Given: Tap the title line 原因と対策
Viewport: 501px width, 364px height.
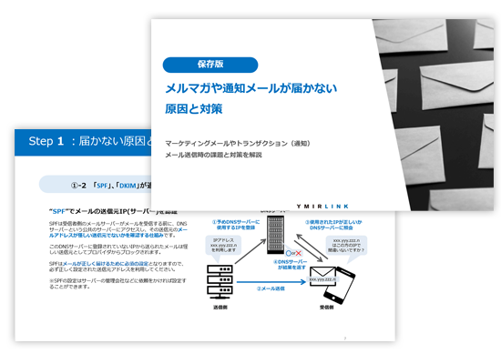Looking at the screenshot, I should pyautogui.click(x=194, y=108).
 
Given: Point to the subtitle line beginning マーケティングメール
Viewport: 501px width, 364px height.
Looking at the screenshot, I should pyautogui.click(x=238, y=144).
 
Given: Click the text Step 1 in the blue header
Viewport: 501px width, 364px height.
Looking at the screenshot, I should pyautogui.click(x=46, y=141).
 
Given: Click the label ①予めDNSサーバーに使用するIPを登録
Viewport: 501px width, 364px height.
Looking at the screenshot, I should pyautogui.click(x=236, y=224).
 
